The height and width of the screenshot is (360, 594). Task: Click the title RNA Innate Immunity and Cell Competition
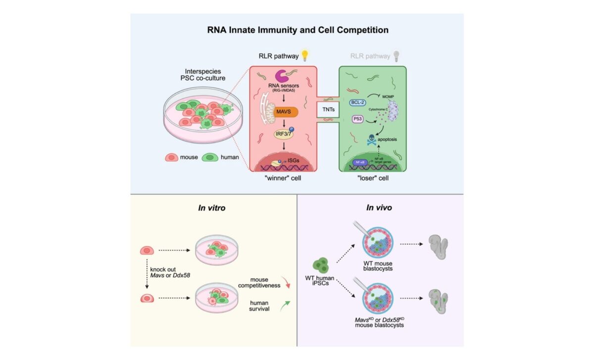[297, 30]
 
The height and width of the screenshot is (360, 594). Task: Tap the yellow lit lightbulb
[305, 55]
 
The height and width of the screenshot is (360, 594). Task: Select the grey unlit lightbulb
[395, 55]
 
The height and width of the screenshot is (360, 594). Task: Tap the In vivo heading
[379, 208]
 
